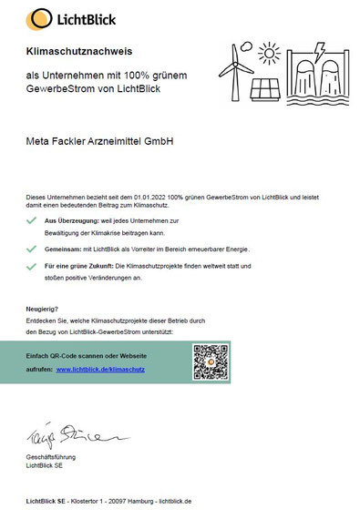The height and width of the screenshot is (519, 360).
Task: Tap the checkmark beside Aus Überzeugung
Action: coord(34,222)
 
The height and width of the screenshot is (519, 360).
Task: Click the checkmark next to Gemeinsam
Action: coord(34,247)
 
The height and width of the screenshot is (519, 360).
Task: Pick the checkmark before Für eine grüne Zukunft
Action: coord(34,265)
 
